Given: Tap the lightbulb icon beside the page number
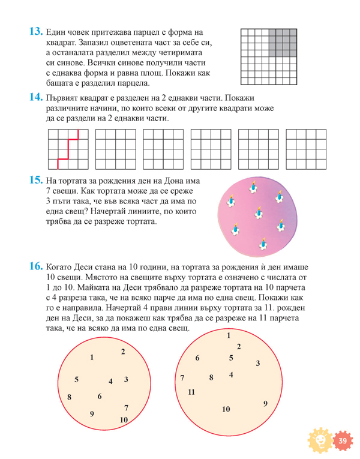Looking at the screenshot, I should [319, 442].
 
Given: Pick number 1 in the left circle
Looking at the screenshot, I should [92, 358].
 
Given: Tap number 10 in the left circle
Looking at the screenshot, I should [124, 420].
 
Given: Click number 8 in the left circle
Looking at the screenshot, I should [70, 397].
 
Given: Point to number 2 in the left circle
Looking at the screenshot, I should [123, 352].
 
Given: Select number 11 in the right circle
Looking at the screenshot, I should [191, 392].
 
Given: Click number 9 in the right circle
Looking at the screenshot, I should [265, 404].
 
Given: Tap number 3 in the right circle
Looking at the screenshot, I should [257, 363].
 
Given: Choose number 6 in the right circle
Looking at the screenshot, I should [197, 358].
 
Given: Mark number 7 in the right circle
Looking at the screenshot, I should [182, 378].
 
